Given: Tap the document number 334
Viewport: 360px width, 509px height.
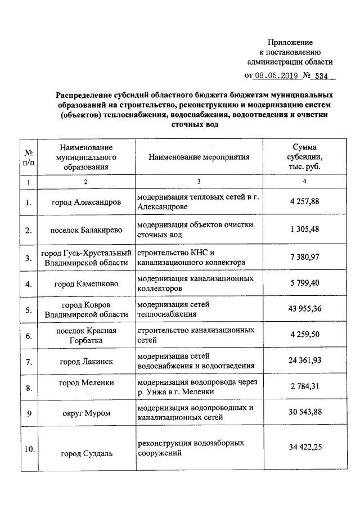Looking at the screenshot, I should tap(322, 75).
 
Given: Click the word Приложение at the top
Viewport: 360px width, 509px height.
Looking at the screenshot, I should tap(290, 42).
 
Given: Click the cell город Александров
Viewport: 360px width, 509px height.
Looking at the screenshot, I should tap(86, 202).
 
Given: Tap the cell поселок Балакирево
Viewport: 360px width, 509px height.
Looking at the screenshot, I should tap(86, 230).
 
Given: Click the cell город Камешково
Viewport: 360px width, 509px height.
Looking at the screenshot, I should tap(86, 284).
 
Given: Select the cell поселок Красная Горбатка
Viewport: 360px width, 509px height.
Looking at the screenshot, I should tap(86, 335).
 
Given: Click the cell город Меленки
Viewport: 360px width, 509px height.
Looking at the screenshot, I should tap(86, 382).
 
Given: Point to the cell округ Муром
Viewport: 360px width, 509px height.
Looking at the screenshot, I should tap(86, 413).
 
